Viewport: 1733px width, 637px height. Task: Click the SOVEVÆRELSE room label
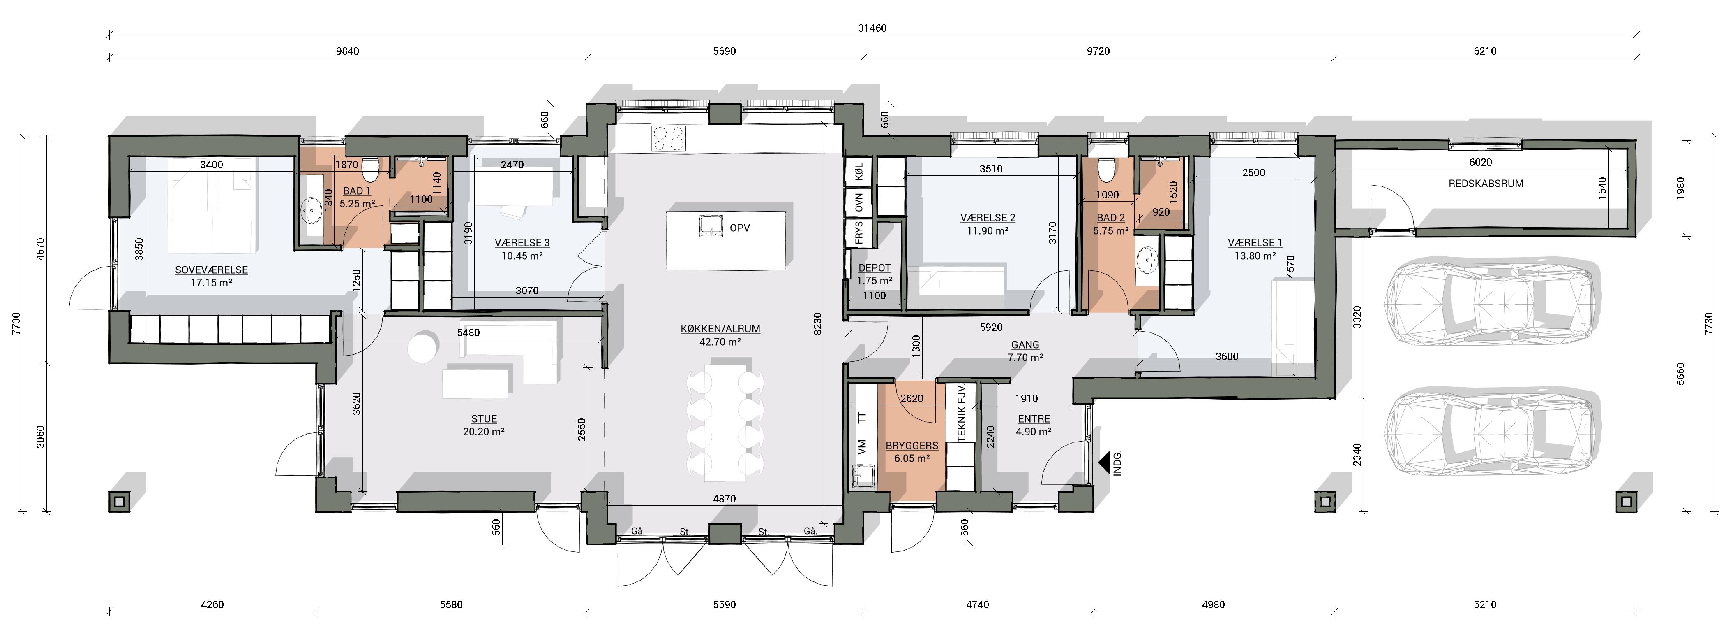point(211,270)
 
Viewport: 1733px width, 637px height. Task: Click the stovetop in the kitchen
point(668,139)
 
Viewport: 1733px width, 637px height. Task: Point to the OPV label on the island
point(739,228)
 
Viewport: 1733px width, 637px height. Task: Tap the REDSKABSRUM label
point(1486,183)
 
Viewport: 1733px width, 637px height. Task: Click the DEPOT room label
point(875,268)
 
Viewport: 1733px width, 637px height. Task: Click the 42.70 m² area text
point(720,342)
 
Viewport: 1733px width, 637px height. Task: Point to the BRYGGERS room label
point(911,446)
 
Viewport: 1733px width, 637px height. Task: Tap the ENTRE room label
point(1034,419)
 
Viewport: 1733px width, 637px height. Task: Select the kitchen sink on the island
point(709,226)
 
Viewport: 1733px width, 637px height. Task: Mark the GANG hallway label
point(1025,345)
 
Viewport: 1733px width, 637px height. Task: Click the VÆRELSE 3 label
point(522,243)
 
